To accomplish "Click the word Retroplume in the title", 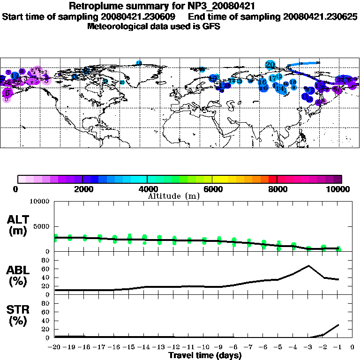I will [93, 6].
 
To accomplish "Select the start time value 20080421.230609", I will [141, 16].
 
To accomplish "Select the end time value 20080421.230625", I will [320, 16].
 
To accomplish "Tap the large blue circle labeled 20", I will [270, 65].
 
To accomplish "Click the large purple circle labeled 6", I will [7, 93].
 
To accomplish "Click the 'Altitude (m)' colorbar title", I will [174, 196].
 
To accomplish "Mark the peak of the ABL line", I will [308, 266].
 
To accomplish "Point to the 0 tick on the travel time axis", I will [352, 347].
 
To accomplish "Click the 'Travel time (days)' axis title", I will [205, 355].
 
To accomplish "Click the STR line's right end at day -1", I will [338, 324].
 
